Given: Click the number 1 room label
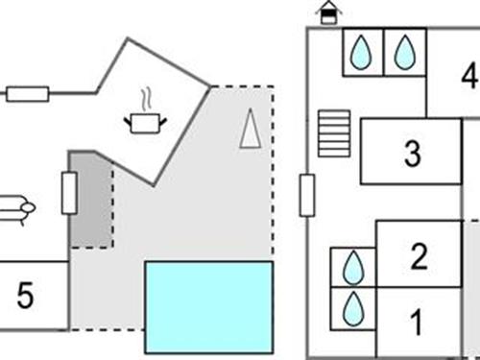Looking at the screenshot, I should point(417,323).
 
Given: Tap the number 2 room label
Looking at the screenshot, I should point(419,256).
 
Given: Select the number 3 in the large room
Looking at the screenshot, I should point(412,154).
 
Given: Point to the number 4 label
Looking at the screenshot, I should point(468,76).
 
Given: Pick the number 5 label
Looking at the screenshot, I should point(26,297).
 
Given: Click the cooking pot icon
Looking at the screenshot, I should point(145,122).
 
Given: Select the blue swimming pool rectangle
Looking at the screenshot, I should point(208,306).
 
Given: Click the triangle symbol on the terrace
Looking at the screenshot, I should point(250,130).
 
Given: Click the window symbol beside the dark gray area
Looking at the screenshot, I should point(69,193).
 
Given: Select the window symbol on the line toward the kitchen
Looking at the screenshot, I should point(27,94).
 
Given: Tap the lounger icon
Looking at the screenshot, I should point(16,206).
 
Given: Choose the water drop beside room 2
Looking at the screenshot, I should point(353,266).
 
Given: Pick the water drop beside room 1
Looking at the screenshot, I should point(353,307).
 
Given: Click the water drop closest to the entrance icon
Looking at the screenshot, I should point(362,51).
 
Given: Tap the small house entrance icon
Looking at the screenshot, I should point(328,12).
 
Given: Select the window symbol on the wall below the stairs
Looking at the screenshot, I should point(307,196).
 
